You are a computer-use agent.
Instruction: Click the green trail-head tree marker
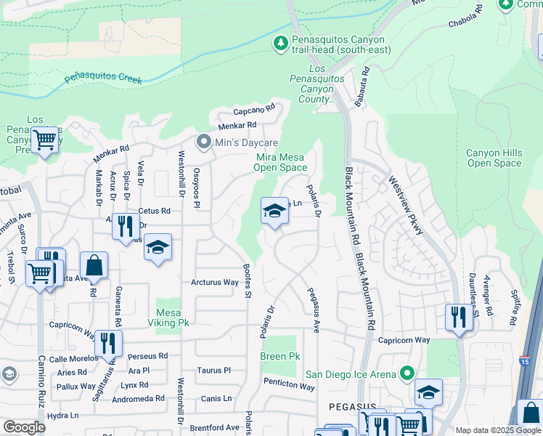point(281,44)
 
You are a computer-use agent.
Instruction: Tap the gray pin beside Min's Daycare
point(204,142)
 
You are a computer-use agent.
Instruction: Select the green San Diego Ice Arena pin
point(407,374)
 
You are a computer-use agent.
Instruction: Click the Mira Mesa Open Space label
point(280,162)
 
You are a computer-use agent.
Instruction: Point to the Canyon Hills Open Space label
point(494,158)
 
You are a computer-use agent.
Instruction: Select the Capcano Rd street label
point(253,111)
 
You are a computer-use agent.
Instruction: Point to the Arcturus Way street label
point(215,282)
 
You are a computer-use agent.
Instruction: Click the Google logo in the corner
point(24,427)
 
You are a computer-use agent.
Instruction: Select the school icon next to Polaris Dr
point(274,211)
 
